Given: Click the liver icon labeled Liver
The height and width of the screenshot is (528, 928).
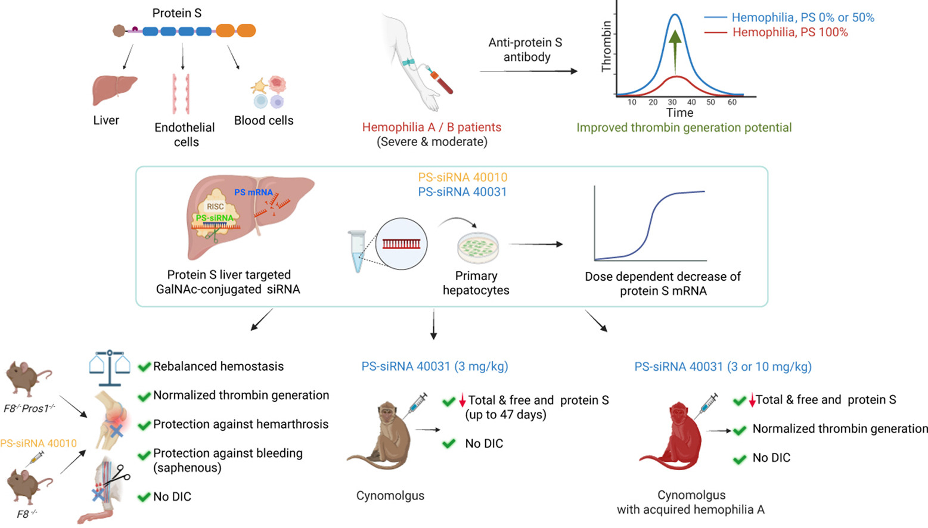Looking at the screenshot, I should point(114,89).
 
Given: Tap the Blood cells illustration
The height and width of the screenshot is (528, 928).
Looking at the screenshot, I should point(269,92).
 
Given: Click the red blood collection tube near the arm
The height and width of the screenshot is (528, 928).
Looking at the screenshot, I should point(442,83).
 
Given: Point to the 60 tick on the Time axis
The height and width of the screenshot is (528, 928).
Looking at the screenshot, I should point(732,103).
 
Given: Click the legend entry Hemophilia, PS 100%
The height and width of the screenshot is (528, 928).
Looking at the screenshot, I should point(790,32).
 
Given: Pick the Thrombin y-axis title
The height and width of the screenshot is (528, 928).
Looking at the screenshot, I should point(607,46).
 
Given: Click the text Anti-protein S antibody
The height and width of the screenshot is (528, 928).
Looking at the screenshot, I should point(525,49).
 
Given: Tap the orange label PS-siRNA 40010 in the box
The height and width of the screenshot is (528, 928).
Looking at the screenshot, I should point(463,177).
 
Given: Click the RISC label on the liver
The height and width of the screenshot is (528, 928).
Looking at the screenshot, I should point(215,206).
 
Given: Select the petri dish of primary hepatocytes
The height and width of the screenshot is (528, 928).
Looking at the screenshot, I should point(478,248).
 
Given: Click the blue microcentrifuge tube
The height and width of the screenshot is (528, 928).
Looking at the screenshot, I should point(357,251).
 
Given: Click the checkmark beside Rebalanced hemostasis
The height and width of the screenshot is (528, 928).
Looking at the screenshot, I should point(144,367).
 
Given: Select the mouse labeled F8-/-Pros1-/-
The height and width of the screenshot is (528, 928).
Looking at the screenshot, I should point(28,378).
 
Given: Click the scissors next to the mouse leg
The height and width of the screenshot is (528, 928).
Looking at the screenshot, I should point(121,475).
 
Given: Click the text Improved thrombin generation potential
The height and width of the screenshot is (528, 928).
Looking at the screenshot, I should point(684,128).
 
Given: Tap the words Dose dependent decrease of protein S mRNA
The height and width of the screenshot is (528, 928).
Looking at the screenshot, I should point(662,284).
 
